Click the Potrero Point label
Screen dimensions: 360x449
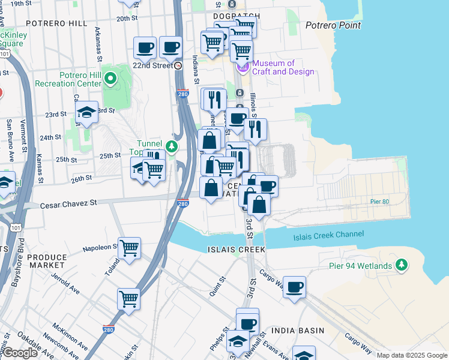click(333, 25)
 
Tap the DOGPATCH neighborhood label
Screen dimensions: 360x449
click(237, 16)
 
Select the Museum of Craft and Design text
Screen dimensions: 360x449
click(283, 68)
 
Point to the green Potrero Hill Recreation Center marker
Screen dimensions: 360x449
click(110, 78)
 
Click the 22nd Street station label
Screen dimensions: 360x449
click(153, 65)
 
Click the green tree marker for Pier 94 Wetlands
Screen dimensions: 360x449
click(402, 265)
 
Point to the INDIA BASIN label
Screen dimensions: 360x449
click(298, 331)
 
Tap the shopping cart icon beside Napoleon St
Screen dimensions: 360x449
click(129, 247)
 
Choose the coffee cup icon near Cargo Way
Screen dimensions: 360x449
click(294, 287)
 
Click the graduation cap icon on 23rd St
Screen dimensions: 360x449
click(87, 112)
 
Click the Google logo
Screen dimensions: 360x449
click(19, 353)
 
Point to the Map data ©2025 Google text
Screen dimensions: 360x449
click(411, 355)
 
